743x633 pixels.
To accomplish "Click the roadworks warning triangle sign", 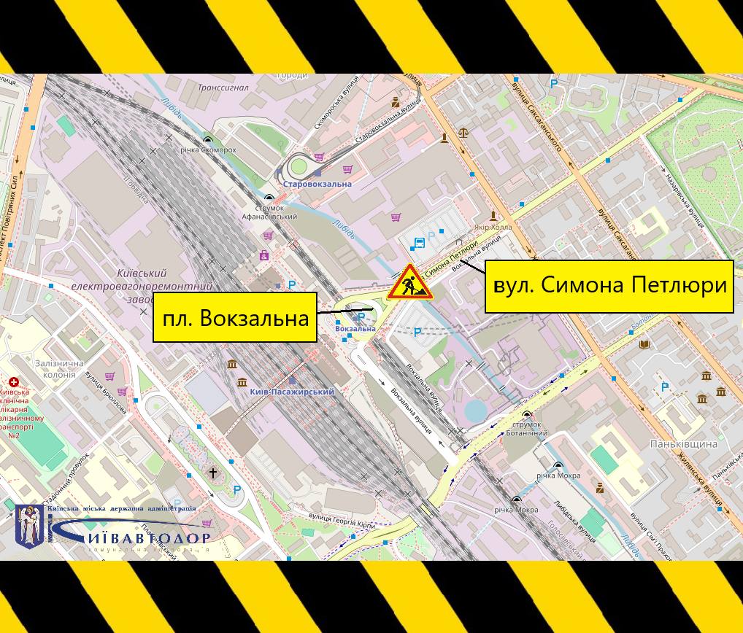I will coord(409,283).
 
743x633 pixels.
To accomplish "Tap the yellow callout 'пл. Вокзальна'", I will coord(235,317).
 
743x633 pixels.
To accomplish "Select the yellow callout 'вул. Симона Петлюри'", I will coord(609,286).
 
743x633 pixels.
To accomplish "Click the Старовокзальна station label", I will coord(317,184).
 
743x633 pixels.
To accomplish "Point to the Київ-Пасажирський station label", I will coord(292,392).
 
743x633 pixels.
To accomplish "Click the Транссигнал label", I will coord(223,88).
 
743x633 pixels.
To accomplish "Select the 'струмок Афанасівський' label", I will coord(270,212).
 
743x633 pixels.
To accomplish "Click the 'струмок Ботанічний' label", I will coord(526,429).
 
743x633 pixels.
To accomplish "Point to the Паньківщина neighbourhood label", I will coord(683,443).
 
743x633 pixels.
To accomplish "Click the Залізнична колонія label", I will coord(55,368).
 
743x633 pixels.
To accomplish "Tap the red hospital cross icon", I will coord(13,382).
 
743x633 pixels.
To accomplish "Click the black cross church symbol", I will coord(213,473).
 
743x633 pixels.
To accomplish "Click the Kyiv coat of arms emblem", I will coord(29,527).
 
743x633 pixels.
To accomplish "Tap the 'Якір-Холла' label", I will coord(493,227).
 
